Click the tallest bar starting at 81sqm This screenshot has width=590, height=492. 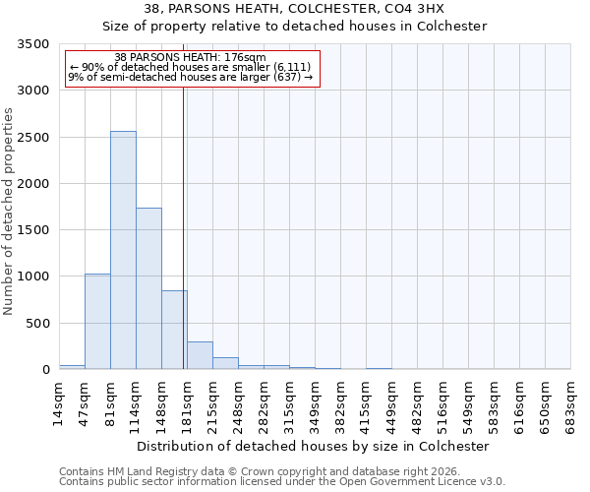pyautogui.click(x=123, y=250)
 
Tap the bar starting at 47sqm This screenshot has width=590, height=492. pyautogui.click(x=97, y=321)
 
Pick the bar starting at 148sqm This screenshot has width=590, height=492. pyautogui.click(x=174, y=330)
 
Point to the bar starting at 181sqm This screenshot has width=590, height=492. pyautogui.click(x=200, y=355)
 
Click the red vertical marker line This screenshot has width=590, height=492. pyautogui.click(x=184, y=226)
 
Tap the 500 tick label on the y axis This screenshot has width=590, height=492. pyautogui.click(x=38, y=324)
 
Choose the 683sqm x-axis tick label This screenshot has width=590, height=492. pyautogui.click(x=572, y=403)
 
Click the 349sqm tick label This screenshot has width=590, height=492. pyautogui.click(x=317, y=403)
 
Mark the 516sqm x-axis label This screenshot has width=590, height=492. pyautogui.click(x=444, y=403)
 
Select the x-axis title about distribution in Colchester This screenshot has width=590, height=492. pyautogui.click(x=313, y=446)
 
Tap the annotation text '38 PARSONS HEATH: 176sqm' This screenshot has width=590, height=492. pyautogui.click(x=190, y=58)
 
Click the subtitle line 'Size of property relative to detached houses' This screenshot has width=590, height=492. pyautogui.click(x=295, y=27)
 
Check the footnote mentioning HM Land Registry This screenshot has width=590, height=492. pyautogui.click(x=259, y=472)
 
